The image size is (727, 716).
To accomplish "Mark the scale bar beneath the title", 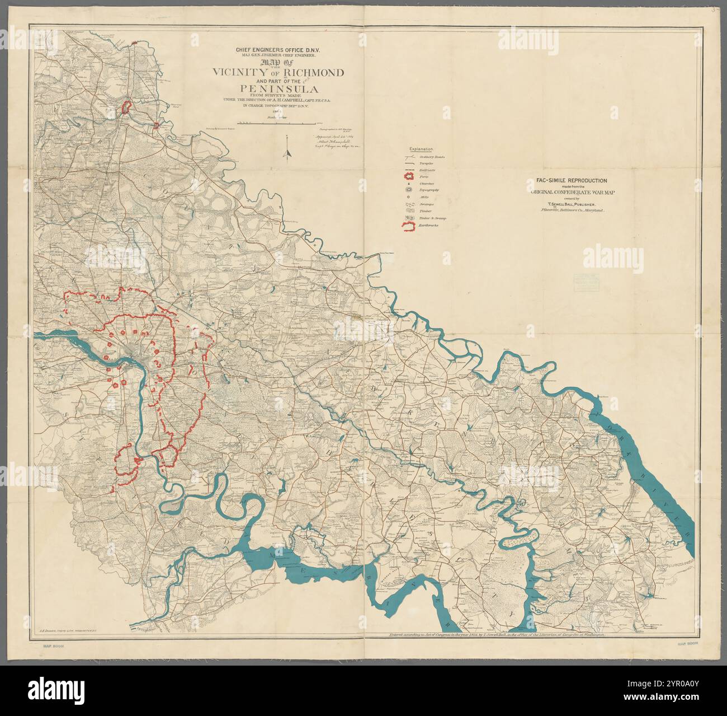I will (x=276, y=122).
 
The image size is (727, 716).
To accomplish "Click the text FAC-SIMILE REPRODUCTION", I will (x=565, y=180).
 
